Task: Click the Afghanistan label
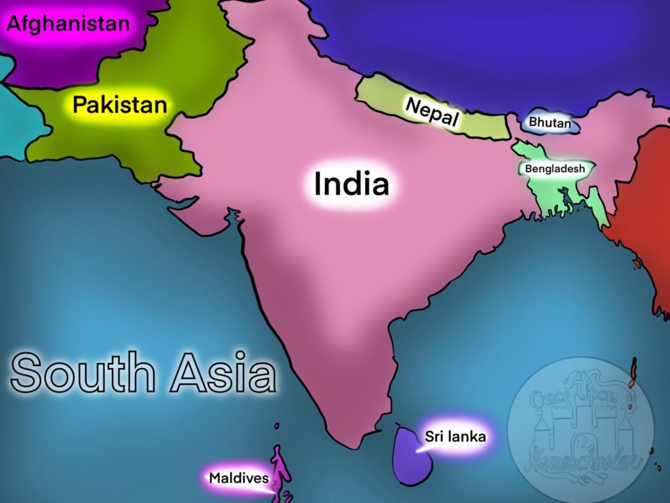click(x=68, y=25)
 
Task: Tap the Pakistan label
click(x=119, y=105)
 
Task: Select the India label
click(x=351, y=184)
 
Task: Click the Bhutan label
click(x=550, y=122)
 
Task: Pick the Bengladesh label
click(x=555, y=169)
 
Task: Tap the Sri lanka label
click(x=455, y=436)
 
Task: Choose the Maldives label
click(x=239, y=478)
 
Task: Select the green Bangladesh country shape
click(x=550, y=193)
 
